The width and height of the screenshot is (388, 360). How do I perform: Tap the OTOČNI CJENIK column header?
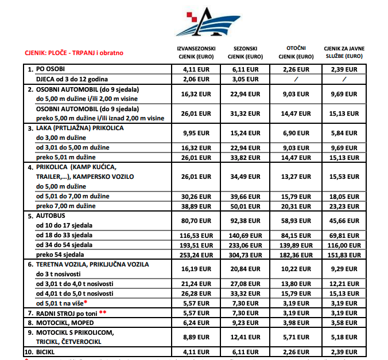[296, 52]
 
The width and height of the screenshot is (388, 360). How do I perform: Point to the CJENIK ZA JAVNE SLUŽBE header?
[344, 53]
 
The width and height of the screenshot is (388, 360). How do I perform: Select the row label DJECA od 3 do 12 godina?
[72, 79]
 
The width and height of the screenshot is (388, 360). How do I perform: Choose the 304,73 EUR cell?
[245, 254]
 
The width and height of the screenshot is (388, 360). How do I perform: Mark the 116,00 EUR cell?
[344, 245]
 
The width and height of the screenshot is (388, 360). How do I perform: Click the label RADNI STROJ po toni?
[68, 313]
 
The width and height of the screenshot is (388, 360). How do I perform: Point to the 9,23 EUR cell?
[245, 323]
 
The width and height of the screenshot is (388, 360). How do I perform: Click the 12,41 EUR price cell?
[245, 337]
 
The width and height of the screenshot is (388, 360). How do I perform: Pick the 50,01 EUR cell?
[245, 206]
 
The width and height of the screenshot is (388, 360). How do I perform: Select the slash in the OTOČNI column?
[296, 79]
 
